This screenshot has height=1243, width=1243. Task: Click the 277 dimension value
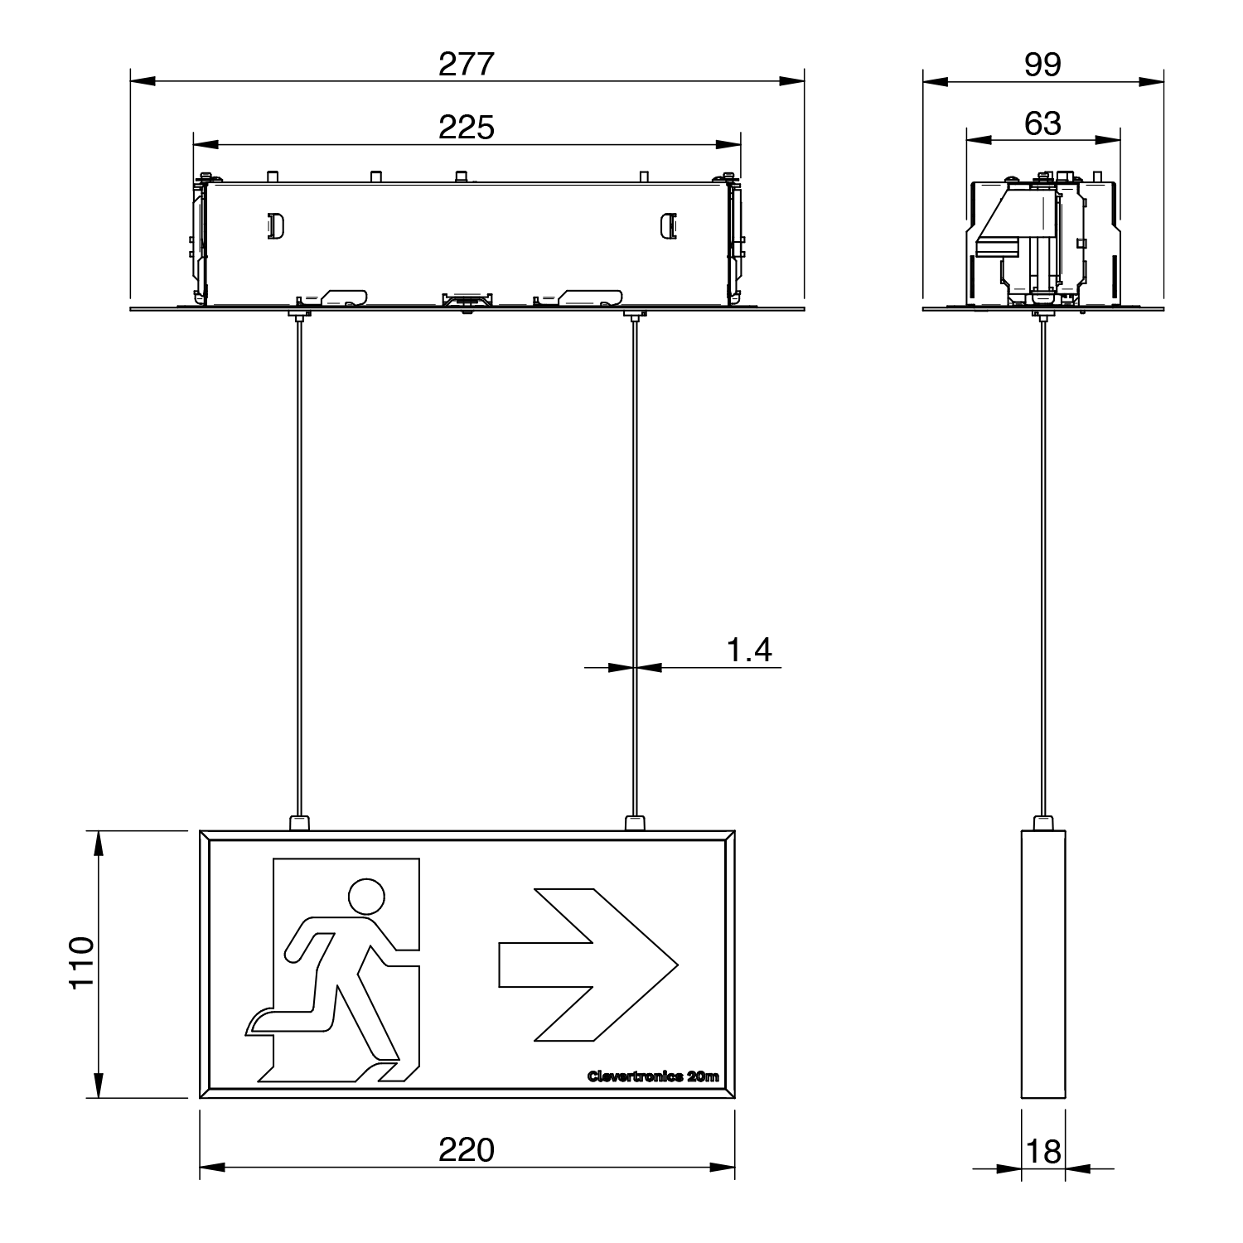click(x=467, y=64)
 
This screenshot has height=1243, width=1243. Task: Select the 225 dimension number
click(x=467, y=128)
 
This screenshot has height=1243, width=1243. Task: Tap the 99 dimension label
click(x=1042, y=64)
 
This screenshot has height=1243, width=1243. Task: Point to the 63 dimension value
click(x=1042, y=123)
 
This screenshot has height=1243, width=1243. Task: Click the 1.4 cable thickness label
click(x=749, y=651)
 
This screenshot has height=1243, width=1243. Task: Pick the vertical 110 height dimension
click(x=81, y=963)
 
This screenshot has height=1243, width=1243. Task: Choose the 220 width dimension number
click(x=467, y=1150)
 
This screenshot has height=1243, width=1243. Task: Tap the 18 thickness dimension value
click(x=1043, y=1152)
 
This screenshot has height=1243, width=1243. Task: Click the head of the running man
click(x=366, y=897)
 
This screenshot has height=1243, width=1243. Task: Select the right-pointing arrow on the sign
click(x=588, y=965)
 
